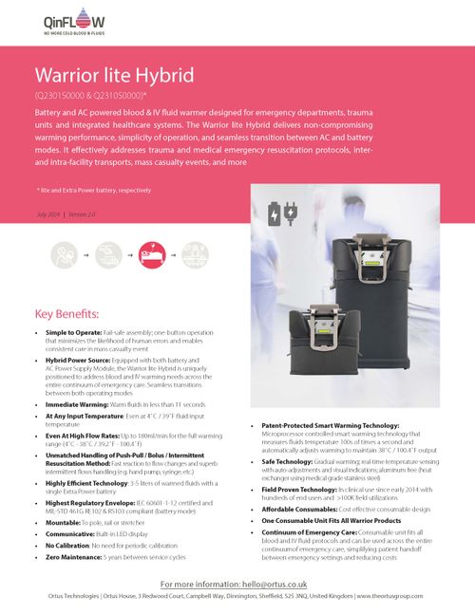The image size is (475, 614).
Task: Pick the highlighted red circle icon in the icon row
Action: (151, 254)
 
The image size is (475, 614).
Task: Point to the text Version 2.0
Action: (81, 217)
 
